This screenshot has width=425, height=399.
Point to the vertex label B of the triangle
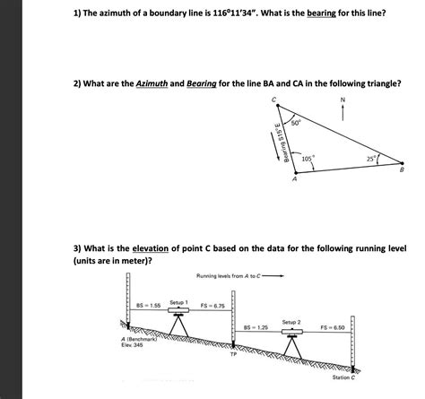(x=401, y=169)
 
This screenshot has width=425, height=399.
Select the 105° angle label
(x=308, y=158)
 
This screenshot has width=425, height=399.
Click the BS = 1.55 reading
(x=149, y=306)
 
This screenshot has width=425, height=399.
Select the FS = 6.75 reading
(x=212, y=306)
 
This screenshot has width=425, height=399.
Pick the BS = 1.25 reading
(x=256, y=329)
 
